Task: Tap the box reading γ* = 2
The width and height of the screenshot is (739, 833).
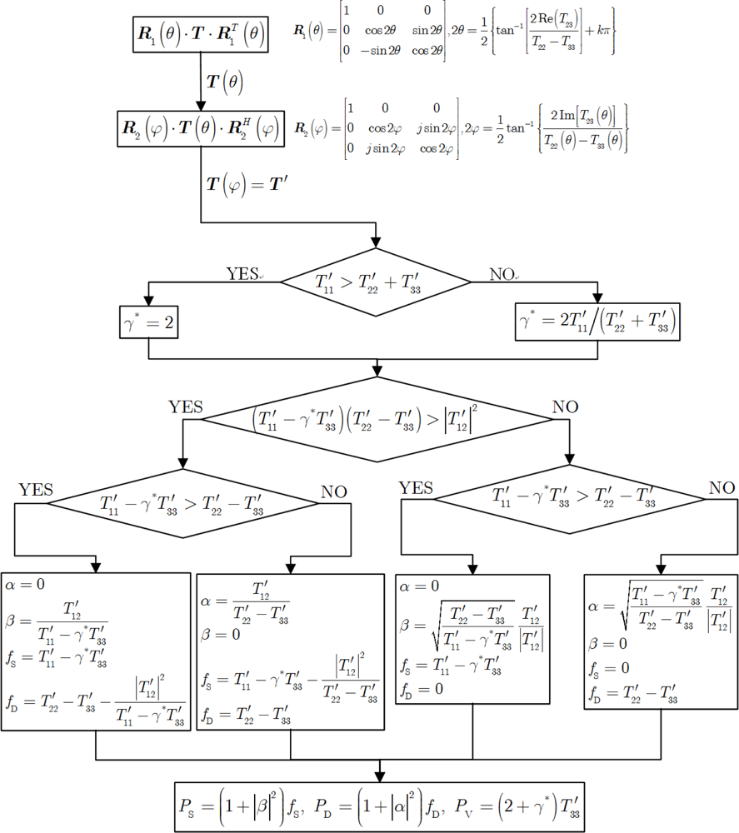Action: (x=148, y=323)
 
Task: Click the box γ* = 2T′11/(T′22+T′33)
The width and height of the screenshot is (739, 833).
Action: (x=598, y=323)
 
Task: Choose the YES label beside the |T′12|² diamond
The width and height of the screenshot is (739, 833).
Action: (x=186, y=408)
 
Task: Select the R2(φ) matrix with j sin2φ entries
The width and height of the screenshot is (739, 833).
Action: (x=375, y=127)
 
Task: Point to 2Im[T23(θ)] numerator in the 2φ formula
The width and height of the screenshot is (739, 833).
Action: (x=583, y=114)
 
